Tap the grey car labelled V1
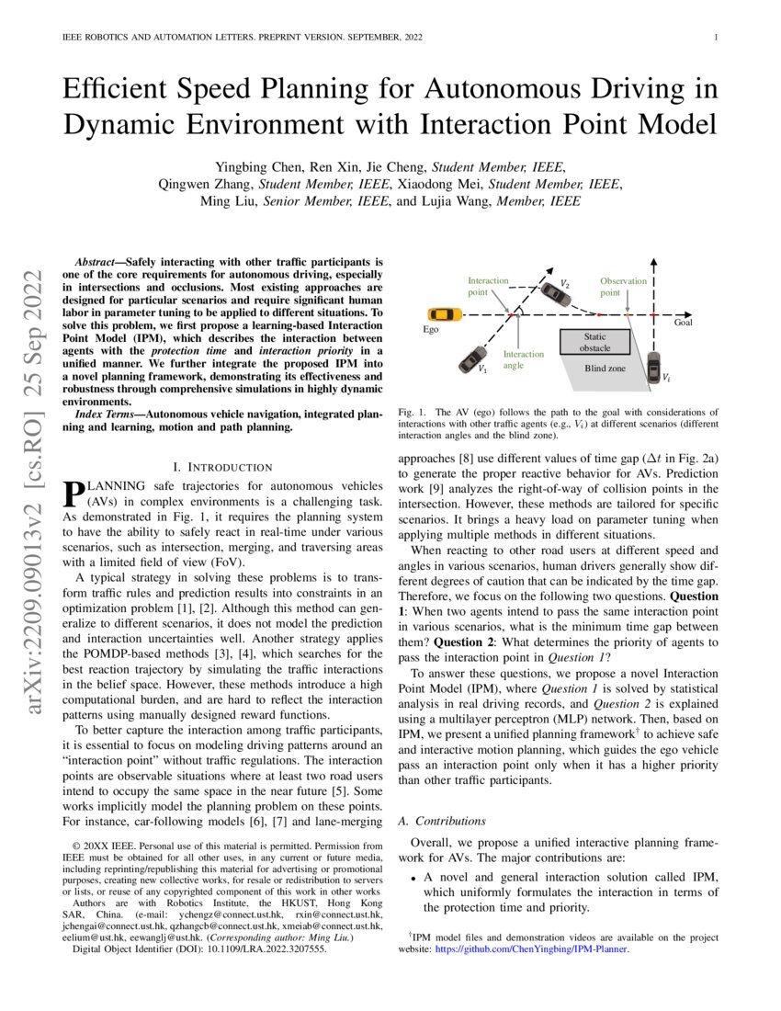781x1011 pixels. pos(475,358)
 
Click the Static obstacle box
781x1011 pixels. pos(594,342)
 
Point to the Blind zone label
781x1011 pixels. pos(605,368)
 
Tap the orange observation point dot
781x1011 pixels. pos(627,315)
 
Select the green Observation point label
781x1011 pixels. pos(623,287)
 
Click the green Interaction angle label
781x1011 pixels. pos(523,359)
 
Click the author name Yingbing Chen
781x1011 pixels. pos(253,166)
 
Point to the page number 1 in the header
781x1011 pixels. pos(715,38)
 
